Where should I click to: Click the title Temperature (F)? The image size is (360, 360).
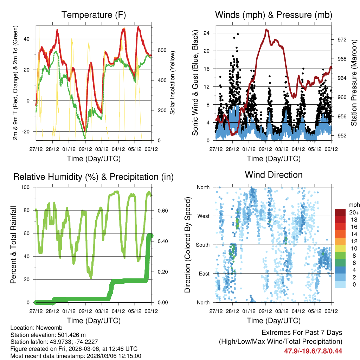(94, 15)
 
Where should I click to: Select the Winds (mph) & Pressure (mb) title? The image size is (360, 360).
(274, 15)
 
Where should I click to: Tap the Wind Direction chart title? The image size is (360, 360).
(274, 174)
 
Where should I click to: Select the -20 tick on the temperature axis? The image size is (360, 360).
(26, 131)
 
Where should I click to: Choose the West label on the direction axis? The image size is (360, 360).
(203, 216)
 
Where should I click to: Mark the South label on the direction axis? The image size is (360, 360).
(202, 245)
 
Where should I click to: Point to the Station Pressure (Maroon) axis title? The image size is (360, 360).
(354, 83)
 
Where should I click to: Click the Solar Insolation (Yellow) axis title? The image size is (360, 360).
(173, 83)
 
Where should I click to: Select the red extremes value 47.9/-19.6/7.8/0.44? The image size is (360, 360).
(313, 351)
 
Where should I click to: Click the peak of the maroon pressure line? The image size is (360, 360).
(267, 30)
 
